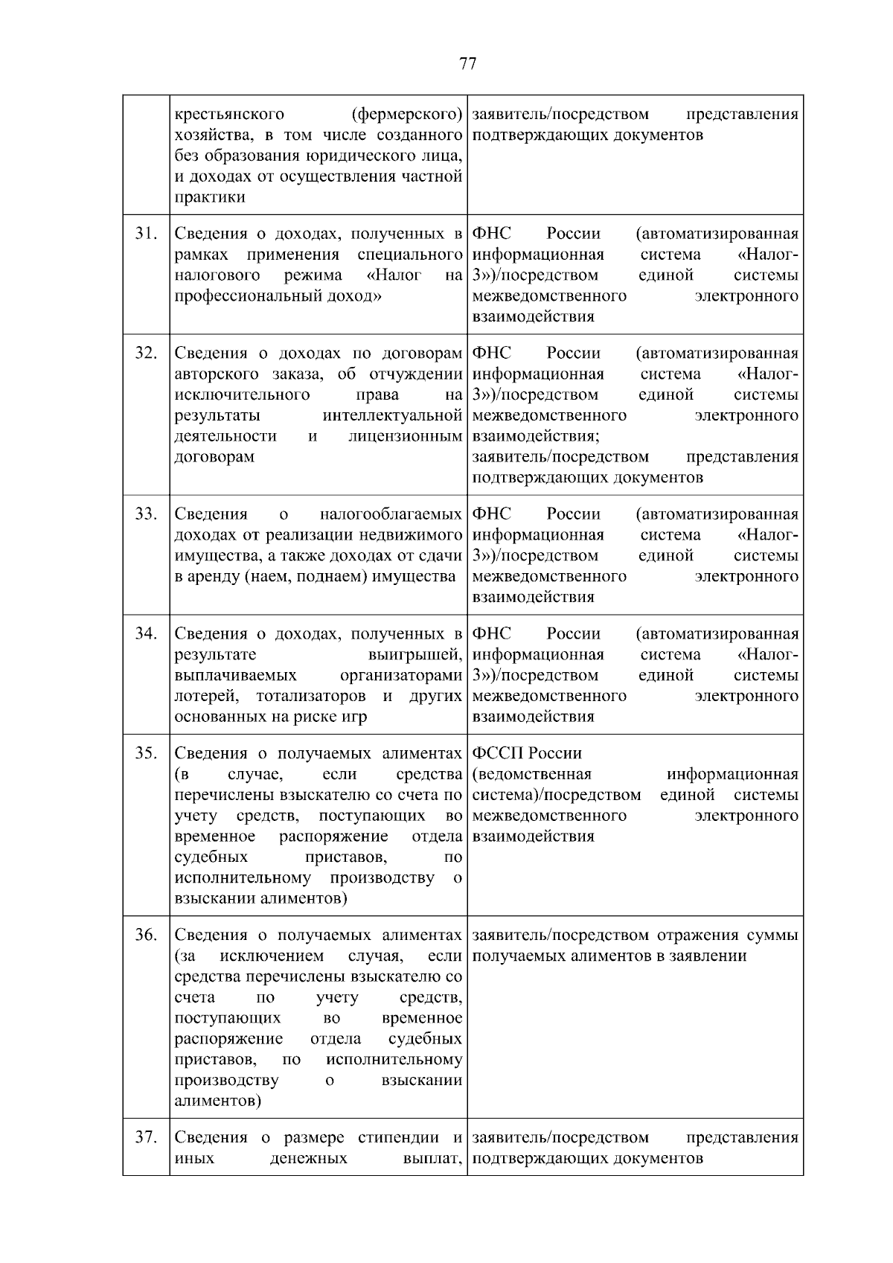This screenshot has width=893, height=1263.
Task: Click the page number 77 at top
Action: pos(468,63)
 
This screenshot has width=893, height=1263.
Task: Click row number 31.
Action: pos(146,233)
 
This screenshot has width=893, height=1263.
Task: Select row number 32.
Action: pos(146,353)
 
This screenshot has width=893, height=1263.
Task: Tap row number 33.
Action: pos(146,514)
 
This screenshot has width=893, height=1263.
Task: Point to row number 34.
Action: pos(146,633)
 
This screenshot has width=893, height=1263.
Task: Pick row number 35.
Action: pos(146,752)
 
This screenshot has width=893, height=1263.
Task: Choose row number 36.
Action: pos(146,935)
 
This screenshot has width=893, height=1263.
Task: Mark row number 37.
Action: pos(146,1137)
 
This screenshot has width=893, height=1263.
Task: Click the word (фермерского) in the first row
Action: pos(406,115)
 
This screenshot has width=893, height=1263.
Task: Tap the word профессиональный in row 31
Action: pos(239,296)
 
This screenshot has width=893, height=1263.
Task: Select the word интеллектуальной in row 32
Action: pos(393,415)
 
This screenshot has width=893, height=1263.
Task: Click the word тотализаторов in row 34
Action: pos(311,696)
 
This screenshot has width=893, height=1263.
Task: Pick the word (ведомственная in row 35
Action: pos(532,774)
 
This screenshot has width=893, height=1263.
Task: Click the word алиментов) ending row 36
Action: pos(217,1101)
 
